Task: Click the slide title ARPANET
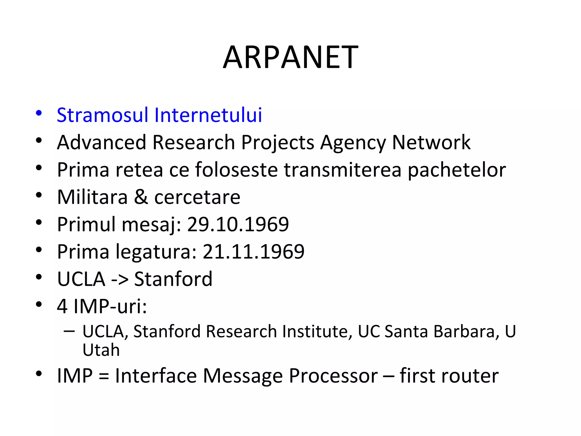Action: tap(290, 57)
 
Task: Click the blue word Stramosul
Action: tap(102, 115)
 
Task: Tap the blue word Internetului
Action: tap(208, 115)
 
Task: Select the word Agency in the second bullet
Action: tap(353, 143)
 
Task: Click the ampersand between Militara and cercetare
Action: tap(141, 197)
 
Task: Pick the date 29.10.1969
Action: tap(238, 225)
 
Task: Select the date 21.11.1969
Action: tap(253, 252)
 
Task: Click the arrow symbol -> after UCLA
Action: tap(119, 279)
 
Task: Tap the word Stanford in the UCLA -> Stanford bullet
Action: tap(173, 279)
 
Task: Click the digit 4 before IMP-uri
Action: tap(62, 307)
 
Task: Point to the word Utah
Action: tap(101, 350)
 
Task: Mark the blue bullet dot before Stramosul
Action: tap(39, 113)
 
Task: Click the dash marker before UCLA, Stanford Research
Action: tap(70, 331)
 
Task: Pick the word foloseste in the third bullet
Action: tap(236, 170)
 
